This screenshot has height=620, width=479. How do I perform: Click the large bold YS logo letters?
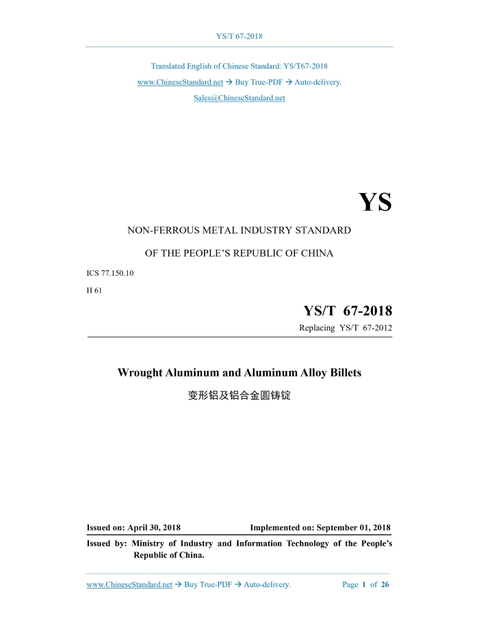375,203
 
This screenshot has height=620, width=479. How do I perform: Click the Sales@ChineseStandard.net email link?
239,98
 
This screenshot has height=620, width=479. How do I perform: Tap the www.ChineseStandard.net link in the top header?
180,82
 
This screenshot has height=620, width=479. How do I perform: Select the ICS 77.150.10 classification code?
112,273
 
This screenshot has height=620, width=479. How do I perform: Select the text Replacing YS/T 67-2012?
346,328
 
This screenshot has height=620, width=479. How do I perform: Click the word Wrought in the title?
140,373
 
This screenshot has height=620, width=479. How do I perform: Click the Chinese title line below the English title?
239,396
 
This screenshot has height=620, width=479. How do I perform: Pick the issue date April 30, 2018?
154,528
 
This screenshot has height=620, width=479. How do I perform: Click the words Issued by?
107,543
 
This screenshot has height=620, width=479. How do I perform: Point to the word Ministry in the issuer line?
153,543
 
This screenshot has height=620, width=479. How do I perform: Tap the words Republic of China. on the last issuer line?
168,555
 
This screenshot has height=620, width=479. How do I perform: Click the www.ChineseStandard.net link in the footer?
129,584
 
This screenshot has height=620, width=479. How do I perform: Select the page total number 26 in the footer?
385,584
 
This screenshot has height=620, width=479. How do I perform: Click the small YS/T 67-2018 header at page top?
239,36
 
